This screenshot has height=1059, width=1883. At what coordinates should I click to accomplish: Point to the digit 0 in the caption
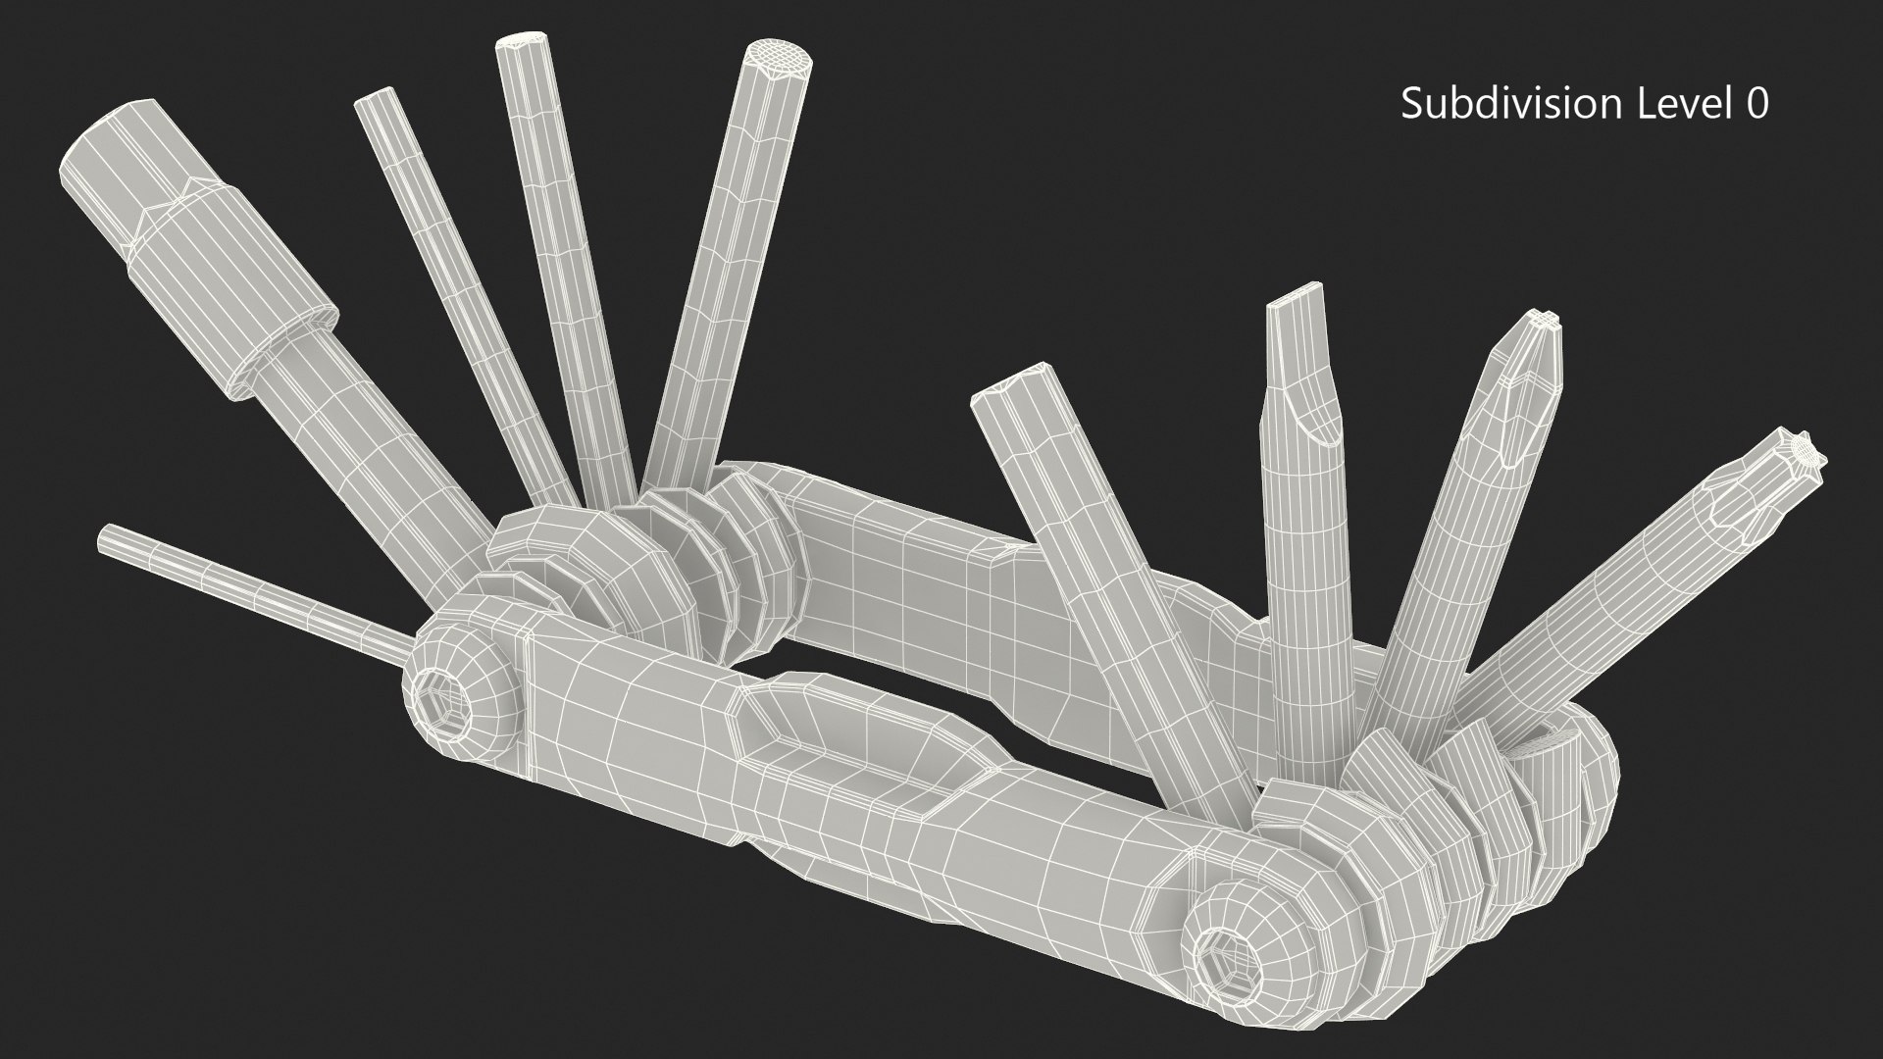[x=1756, y=103]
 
